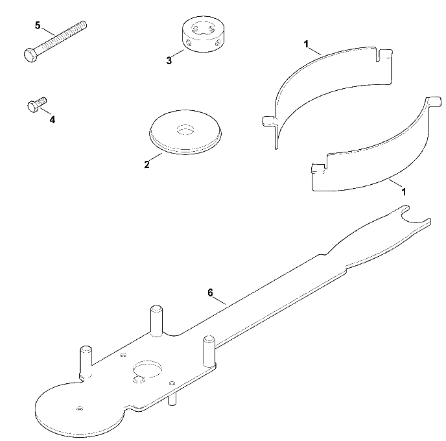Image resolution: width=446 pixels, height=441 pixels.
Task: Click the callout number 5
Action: click(x=38, y=25)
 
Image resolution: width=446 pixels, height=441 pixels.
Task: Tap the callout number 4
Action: click(x=53, y=120)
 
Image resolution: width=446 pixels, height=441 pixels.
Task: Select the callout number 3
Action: click(x=169, y=60)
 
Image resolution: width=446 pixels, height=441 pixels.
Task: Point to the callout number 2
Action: click(x=147, y=165)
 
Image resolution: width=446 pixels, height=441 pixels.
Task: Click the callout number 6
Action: click(x=210, y=292)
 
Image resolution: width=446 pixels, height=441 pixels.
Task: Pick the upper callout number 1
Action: click(x=306, y=44)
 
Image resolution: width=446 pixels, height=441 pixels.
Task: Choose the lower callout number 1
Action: click(x=403, y=192)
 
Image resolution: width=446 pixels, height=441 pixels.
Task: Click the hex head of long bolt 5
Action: click(x=30, y=55)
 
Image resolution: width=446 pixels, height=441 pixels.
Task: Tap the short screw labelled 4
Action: click(x=37, y=104)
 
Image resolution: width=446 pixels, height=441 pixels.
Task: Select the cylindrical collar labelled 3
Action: click(x=202, y=35)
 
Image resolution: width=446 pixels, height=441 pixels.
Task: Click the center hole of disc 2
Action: click(x=185, y=130)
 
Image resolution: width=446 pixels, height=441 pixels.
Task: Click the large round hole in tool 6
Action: click(x=147, y=368)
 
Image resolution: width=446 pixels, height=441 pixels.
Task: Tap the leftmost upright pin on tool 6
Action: click(x=86, y=363)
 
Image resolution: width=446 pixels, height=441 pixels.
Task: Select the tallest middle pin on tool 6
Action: click(x=156, y=321)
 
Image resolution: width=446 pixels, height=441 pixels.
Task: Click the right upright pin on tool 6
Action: click(x=209, y=352)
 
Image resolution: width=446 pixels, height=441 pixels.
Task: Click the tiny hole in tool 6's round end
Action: click(x=79, y=409)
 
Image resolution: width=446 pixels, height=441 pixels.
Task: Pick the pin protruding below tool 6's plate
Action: click(x=171, y=399)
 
